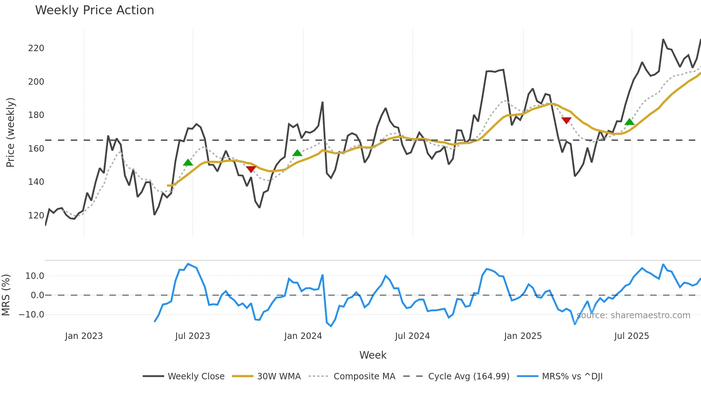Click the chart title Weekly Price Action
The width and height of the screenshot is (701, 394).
(94, 10)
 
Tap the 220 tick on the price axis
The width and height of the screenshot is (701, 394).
(36, 48)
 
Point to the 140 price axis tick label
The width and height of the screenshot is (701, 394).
(36, 182)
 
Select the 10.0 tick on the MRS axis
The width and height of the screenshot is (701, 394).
(35, 276)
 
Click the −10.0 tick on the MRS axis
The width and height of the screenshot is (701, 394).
(31, 315)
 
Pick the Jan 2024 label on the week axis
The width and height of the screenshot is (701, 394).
(303, 336)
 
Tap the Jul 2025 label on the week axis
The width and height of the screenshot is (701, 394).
(631, 336)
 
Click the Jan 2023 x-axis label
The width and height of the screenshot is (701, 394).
(84, 336)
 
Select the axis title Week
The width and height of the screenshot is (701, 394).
(373, 355)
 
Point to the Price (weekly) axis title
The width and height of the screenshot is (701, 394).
(11, 132)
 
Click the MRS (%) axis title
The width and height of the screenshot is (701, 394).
(6, 295)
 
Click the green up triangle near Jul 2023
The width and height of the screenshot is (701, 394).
(188, 163)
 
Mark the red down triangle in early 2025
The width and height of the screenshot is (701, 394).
(566, 120)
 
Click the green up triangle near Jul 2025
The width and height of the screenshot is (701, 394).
(629, 122)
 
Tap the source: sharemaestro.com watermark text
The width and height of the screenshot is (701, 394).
(633, 315)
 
